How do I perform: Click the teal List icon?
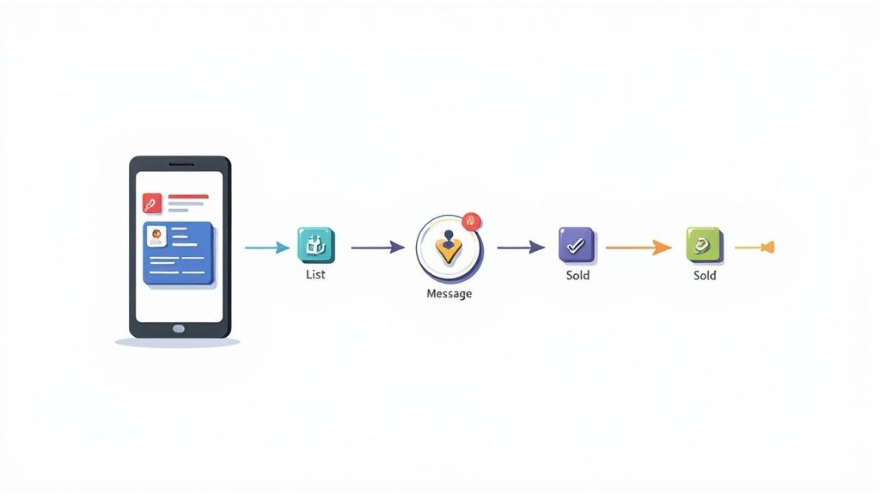pos(316,245)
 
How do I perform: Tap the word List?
pos(315,274)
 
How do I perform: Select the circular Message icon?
pos(449,248)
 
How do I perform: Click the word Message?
pos(449,294)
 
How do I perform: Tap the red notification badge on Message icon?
pos(472,222)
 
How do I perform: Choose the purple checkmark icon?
pos(577,245)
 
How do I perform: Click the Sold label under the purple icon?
pos(577,275)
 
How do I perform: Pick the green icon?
pos(704,245)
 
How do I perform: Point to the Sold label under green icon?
pos(705,275)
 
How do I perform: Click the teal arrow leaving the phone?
pos(267,247)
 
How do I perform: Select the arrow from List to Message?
pos(378,247)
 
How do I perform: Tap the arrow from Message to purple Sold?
pos(521,247)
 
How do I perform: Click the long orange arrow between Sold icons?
pos(639,247)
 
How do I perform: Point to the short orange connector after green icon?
pos(755,247)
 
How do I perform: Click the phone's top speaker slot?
pos(181,164)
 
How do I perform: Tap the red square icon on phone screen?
pos(152,203)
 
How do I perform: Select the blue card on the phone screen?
pos(179,254)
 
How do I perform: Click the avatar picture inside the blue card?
pos(156,236)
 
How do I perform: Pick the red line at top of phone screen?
pos(188,197)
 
